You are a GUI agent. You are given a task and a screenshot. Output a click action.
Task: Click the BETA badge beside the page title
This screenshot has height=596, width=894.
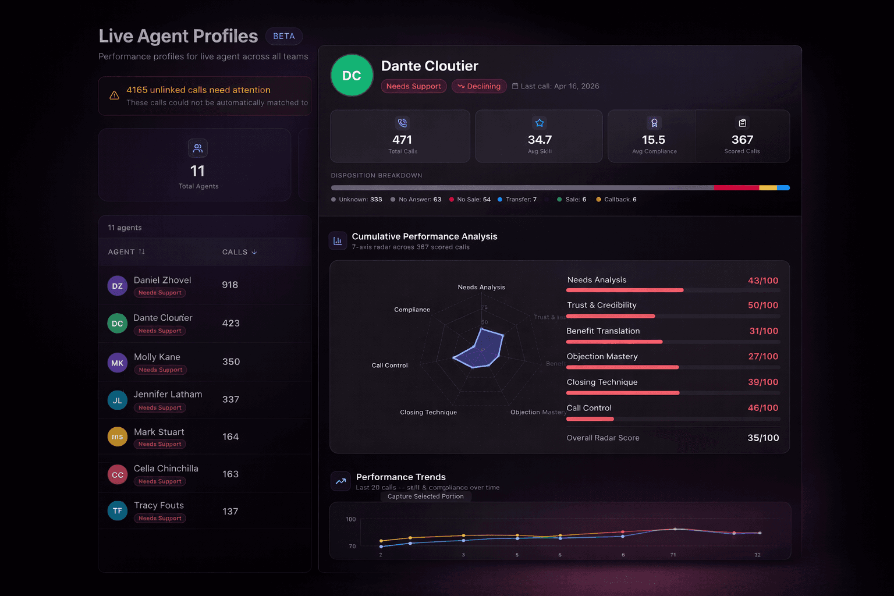coord(284,36)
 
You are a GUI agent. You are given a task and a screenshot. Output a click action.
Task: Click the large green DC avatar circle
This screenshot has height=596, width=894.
coord(352,76)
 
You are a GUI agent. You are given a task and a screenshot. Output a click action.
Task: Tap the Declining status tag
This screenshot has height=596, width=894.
coord(479,86)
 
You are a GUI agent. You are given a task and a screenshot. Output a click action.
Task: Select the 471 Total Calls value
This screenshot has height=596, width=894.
coord(402,140)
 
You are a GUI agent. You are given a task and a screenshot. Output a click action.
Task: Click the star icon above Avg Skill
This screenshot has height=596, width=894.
coord(539,123)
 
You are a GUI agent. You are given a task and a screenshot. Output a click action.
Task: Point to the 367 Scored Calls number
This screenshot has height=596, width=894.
coord(742,140)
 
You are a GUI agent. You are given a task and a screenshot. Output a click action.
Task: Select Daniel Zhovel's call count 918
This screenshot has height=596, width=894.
coord(230,285)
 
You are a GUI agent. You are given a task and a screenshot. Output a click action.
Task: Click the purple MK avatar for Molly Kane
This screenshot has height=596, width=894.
coord(117,363)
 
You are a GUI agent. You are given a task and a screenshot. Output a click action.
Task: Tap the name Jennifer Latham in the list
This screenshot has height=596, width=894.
coord(168,394)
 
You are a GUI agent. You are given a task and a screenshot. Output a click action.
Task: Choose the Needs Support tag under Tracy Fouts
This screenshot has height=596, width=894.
coord(160,518)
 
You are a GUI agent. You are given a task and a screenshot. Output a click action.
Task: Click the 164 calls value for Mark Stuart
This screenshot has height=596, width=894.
coord(230,437)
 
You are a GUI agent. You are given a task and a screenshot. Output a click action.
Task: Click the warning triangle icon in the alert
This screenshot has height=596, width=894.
coord(114,95)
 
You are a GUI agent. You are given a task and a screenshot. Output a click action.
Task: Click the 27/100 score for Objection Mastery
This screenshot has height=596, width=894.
coord(762,356)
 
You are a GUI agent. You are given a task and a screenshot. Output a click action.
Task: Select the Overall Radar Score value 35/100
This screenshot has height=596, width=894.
coord(762,438)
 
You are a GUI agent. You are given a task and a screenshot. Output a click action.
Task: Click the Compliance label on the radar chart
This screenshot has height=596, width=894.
coord(412,310)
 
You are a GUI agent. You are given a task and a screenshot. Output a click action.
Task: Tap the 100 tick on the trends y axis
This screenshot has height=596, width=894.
coord(350,519)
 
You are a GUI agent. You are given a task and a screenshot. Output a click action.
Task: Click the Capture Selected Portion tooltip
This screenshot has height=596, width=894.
coord(425,496)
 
